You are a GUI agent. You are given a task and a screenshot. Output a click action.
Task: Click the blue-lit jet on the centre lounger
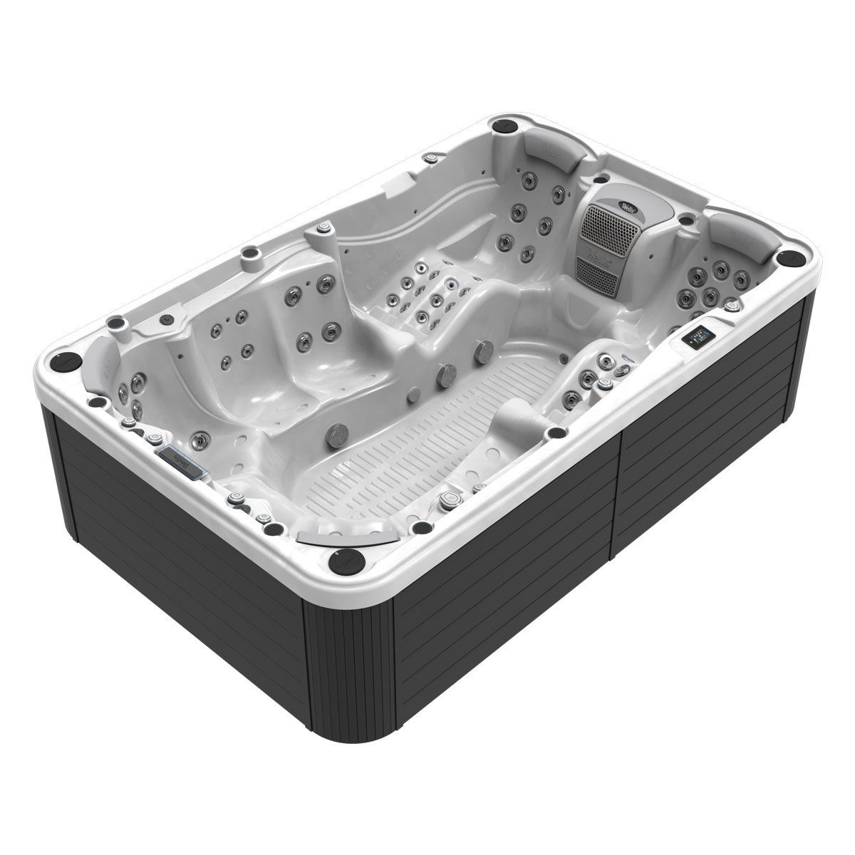click(x=450, y=286)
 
